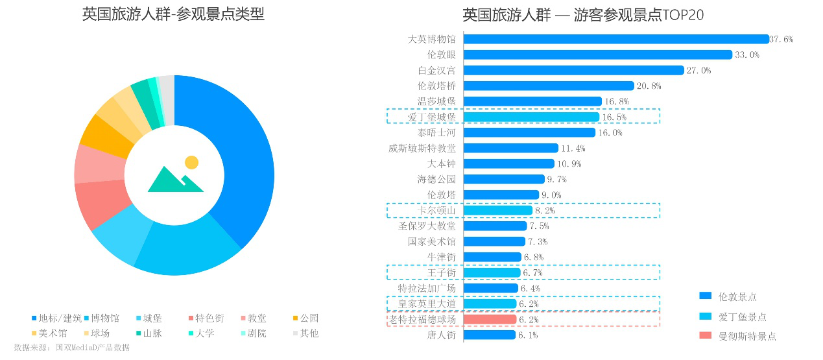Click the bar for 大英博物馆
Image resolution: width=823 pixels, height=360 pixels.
pos(616,39)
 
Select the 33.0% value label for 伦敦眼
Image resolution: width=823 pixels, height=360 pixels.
pos(746,55)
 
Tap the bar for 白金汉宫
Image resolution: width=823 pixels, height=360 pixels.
pos(574,70)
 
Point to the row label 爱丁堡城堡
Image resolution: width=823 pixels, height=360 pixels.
pos(431,117)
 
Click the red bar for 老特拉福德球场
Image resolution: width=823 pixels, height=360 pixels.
pos(490,319)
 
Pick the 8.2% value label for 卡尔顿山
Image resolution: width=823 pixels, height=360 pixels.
pos(545,211)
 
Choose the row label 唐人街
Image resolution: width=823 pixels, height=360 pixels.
pos(441,335)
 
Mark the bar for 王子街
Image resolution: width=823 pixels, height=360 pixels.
pos(492,272)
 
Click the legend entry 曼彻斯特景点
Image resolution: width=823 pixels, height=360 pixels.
pos(746,336)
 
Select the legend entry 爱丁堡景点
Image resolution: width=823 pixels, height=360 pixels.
pos(741,317)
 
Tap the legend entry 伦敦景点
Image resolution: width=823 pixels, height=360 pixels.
pos(737,296)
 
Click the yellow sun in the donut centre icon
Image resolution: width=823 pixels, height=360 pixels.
pos(191,162)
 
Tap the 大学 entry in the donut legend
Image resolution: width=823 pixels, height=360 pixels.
pos(204,333)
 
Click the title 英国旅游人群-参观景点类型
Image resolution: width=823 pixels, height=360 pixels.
pos(173,14)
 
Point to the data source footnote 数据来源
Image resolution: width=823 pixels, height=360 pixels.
pos(71,348)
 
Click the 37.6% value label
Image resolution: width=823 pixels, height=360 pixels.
pos(781,40)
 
